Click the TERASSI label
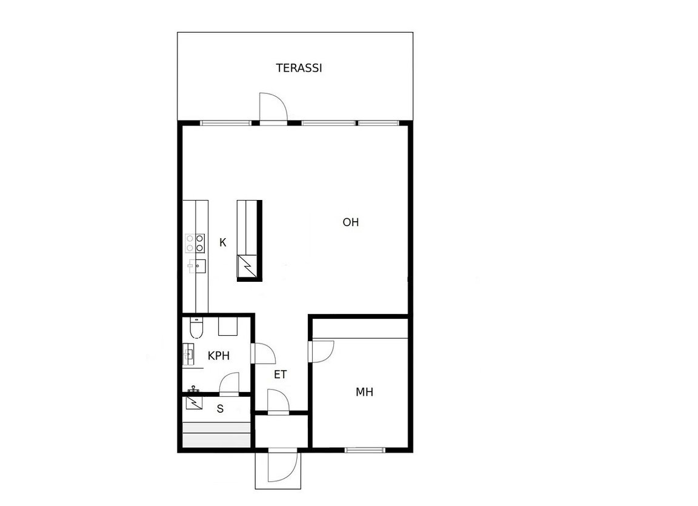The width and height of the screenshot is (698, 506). pyautogui.click(x=299, y=68)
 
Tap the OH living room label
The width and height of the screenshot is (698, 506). pyautogui.click(x=350, y=222)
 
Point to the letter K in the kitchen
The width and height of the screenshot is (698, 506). pyautogui.click(x=222, y=242)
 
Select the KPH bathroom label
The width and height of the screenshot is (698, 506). pyautogui.click(x=219, y=356)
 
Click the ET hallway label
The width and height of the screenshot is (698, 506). pyautogui.click(x=280, y=375)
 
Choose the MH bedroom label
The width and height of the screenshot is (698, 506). pyautogui.click(x=364, y=392)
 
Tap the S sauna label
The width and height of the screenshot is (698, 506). pyautogui.click(x=220, y=408)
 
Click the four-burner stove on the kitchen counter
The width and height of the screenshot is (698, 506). pyautogui.click(x=195, y=244)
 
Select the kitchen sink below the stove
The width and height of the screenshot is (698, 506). pyautogui.click(x=197, y=266)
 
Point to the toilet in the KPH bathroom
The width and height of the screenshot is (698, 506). pyautogui.click(x=196, y=327)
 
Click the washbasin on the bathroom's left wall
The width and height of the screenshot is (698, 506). pyautogui.click(x=189, y=355)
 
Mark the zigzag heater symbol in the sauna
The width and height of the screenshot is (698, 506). pyautogui.click(x=194, y=402)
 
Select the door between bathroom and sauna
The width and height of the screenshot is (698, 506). pyautogui.click(x=229, y=384)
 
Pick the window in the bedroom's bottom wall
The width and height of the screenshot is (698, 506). pyautogui.click(x=365, y=450)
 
